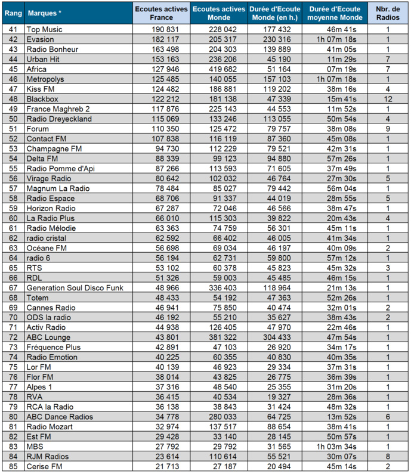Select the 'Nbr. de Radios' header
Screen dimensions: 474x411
pos(387,13)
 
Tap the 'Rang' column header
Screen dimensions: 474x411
pos(13,13)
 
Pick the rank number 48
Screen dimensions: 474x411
pos(13,98)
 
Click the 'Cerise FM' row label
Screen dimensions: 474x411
pos(45,466)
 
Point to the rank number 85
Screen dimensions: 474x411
pos(13,466)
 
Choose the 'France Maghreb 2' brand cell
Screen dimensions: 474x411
pos(58,109)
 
